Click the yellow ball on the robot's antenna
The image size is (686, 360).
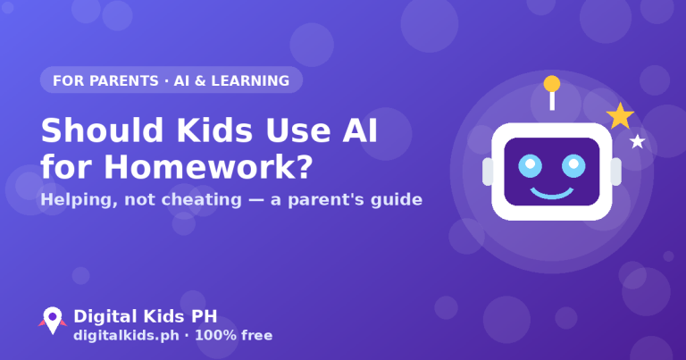tap(552, 84)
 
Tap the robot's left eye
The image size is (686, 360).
tap(530, 166)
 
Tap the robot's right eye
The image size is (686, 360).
tap(573, 166)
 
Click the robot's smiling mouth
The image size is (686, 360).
tap(552, 193)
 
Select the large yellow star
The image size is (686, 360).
tap(620, 116)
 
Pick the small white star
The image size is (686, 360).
tap(638, 141)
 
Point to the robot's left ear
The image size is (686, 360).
tap(488, 172)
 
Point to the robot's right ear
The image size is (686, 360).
tap(616, 172)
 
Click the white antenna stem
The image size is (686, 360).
tap(552, 101)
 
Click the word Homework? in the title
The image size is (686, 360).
tap(208, 167)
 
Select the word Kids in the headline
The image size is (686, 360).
tap(214, 130)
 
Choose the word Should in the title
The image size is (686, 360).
tap(102, 130)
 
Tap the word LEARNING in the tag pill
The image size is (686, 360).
tap(250, 81)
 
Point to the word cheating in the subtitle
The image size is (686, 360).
tap(201, 199)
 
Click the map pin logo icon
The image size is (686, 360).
tap(53, 320)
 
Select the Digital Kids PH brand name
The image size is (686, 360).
tap(146, 316)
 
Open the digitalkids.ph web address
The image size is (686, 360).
tap(126, 336)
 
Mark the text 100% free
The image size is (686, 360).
tap(234, 336)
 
